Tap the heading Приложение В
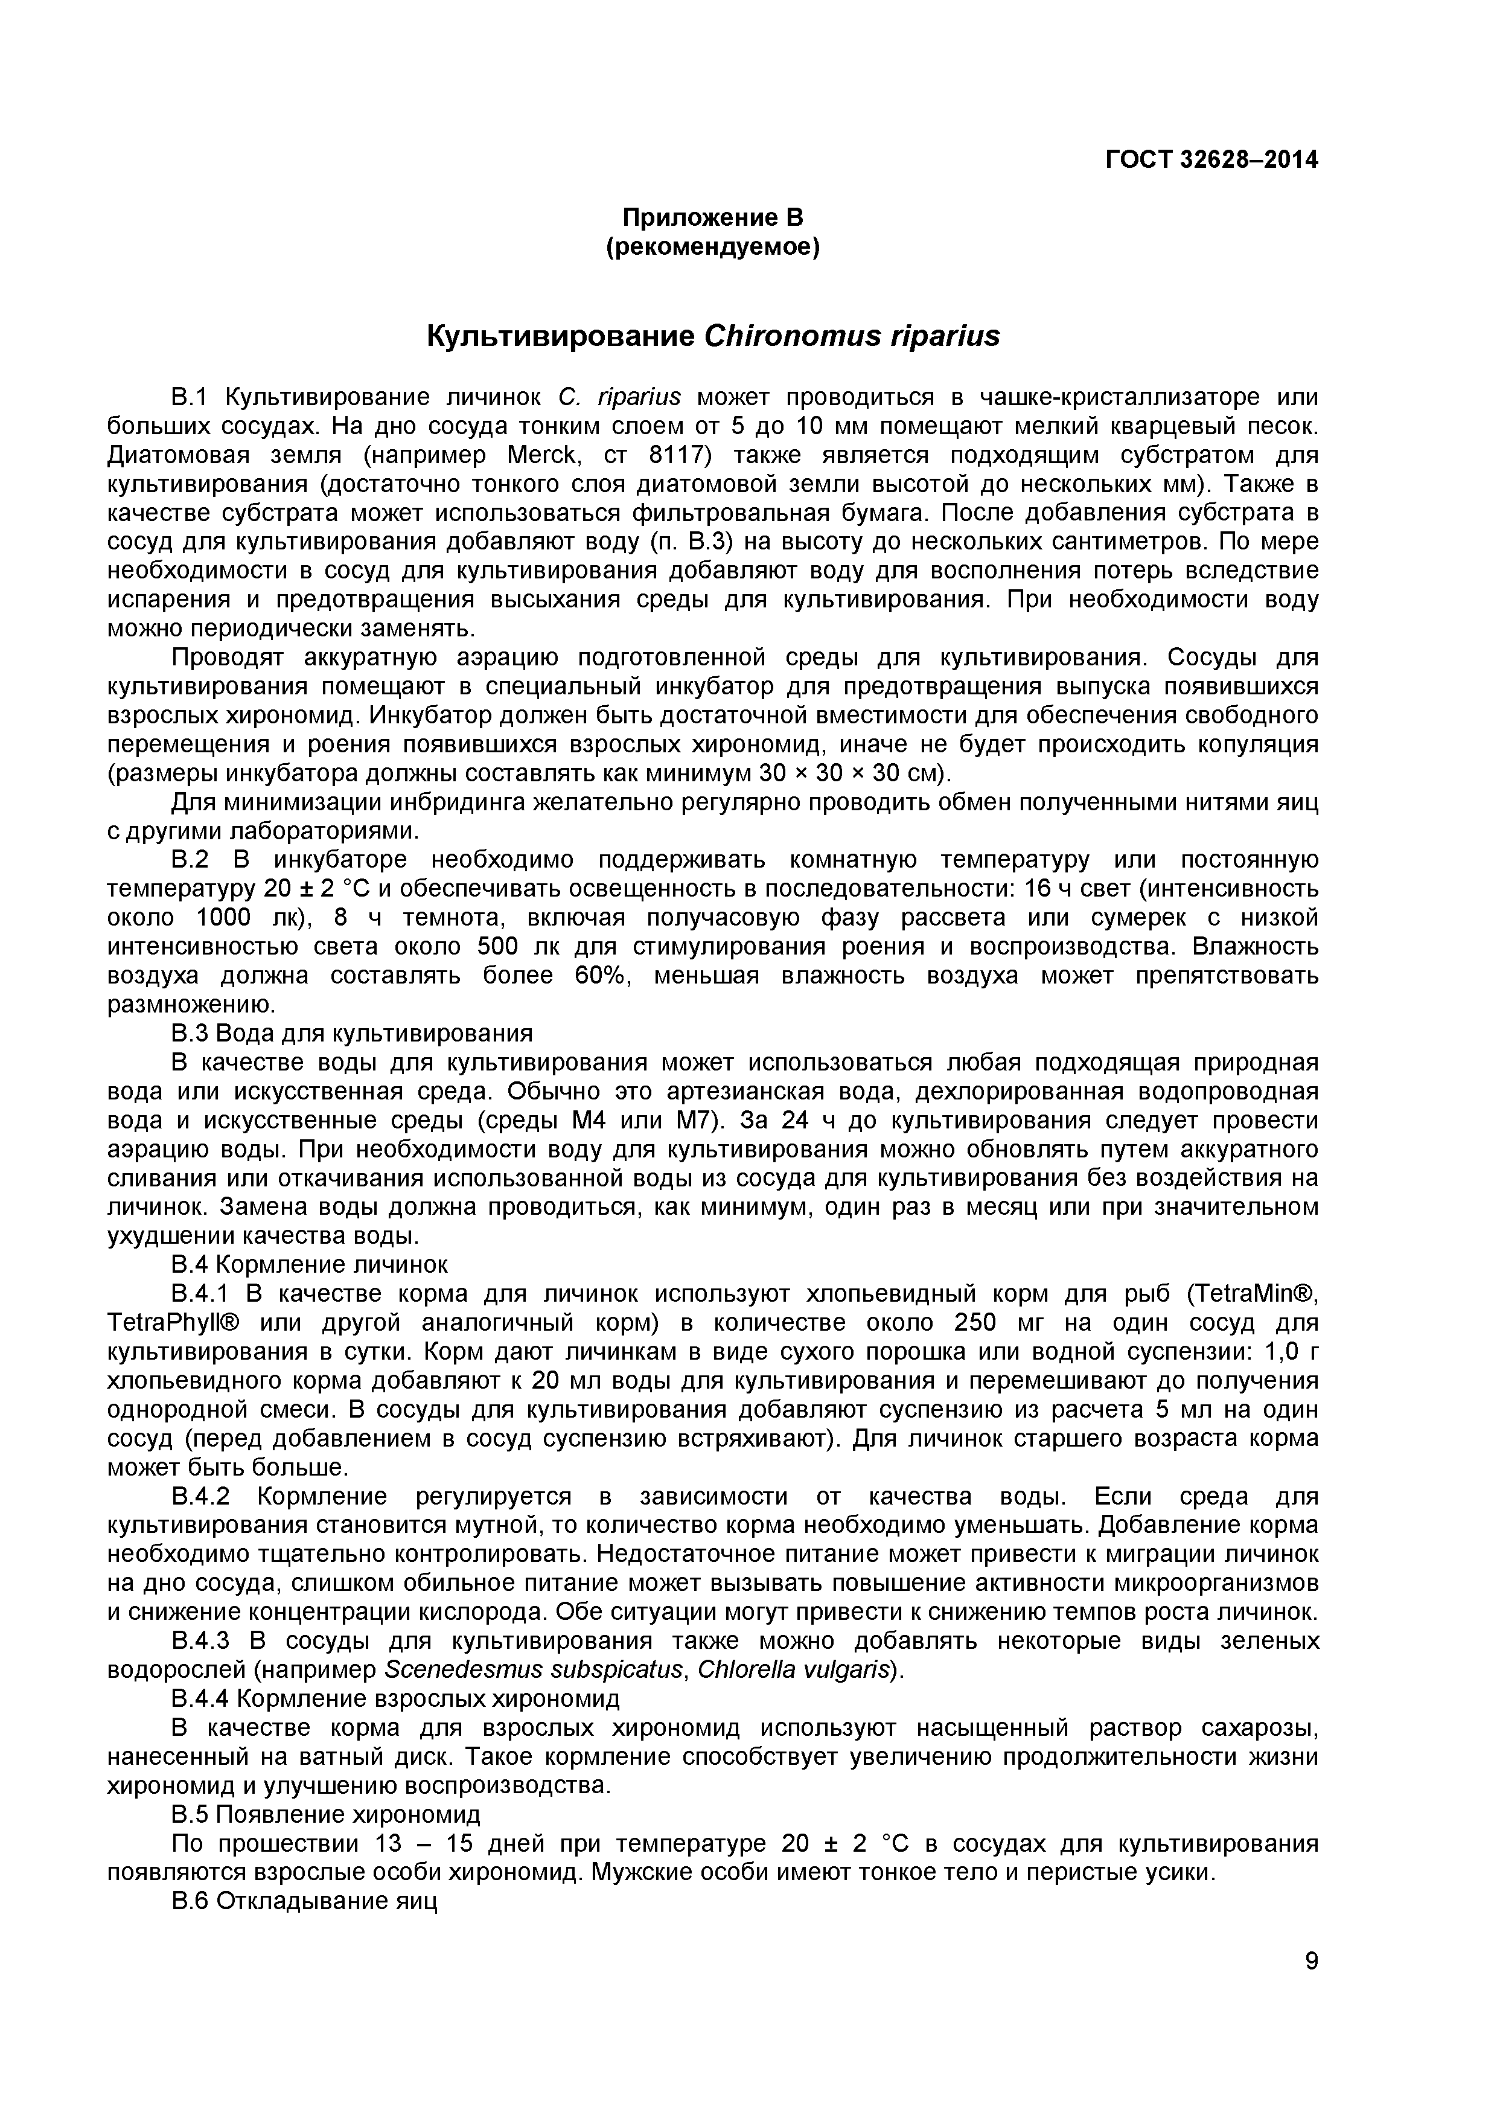(x=712, y=218)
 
